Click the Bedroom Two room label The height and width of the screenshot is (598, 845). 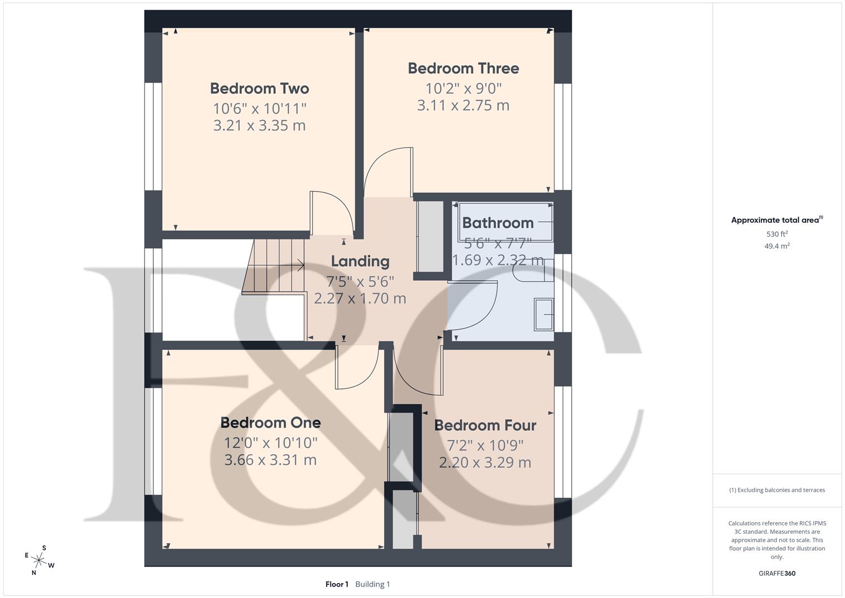(260, 89)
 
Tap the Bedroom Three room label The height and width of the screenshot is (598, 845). (463, 69)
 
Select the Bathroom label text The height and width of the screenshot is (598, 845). (497, 223)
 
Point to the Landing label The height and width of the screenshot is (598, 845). (360, 261)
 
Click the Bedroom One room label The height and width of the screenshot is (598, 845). (271, 423)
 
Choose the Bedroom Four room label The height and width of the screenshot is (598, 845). (485, 426)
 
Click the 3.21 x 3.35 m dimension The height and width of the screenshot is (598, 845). (260, 126)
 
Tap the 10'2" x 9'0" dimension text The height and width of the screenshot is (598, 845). (463, 88)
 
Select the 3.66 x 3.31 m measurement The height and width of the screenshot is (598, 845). (271, 460)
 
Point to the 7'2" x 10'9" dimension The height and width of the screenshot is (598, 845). (485, 445)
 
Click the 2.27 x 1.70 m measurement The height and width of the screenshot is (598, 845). (360, 299)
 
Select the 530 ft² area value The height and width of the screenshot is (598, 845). (777, 234)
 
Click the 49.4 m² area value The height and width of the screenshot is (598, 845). (777, 246)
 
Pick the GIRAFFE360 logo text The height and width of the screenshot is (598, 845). (777, 574)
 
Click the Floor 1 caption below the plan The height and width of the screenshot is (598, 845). (337, 584)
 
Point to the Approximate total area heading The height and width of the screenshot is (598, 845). (776, 220)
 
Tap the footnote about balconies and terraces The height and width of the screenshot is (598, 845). (777, 490)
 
